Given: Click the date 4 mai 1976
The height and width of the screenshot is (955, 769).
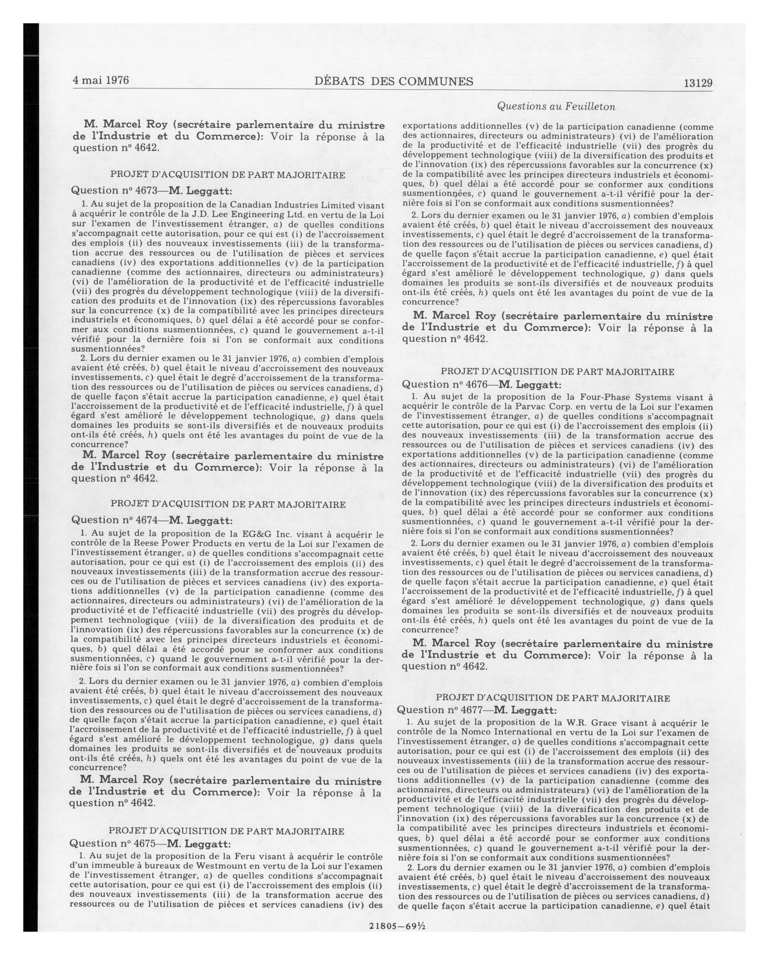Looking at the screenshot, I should coord(101,80).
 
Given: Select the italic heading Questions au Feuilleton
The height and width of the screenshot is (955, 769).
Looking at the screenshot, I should coord(556,106).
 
